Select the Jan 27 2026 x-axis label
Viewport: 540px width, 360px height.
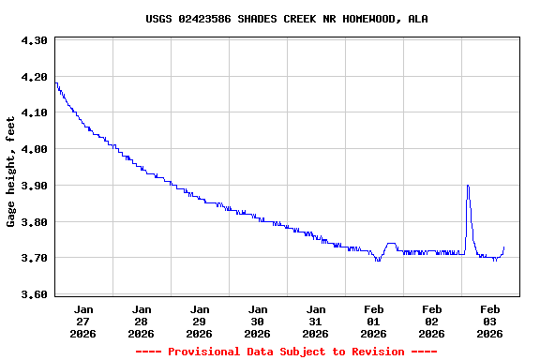[x=83, y=321]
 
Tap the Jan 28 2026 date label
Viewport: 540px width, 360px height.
[x=142, y=321]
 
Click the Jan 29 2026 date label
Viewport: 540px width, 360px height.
[x=200, y=321]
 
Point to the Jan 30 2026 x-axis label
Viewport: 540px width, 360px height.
[x=258, y=321]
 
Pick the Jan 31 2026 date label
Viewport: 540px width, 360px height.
[x=316, y=321]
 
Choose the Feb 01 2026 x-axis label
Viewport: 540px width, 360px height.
[x=374, y=321]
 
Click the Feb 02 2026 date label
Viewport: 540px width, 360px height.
[x=432, y=321]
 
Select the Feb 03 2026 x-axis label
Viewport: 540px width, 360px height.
[x=490, y=321]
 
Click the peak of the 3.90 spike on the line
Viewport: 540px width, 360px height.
[x=468, y=186]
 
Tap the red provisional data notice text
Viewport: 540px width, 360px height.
[x=286, y=352]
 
